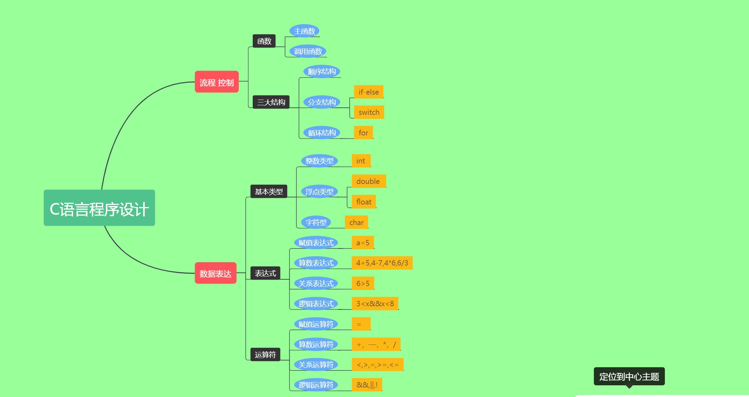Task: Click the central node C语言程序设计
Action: pos(99,208)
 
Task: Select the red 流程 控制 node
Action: pos(217,82)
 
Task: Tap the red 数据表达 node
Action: pos(215,273)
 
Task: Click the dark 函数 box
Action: pos(264,41)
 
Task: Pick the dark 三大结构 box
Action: pos(271,102)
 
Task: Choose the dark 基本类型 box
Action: pos(269,191)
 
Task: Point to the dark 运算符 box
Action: pos(265,354)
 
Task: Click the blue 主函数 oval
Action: pos(304,31)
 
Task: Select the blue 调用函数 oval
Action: pos(308,51)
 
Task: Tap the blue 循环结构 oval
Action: pos(322,133)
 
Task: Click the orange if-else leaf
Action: pos(368,92)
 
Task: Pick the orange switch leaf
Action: pos(369,112)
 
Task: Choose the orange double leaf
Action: pos(368,181)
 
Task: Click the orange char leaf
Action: pos(356,222)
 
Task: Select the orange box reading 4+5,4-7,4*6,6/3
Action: pos(382,263)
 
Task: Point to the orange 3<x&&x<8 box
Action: pos(375,303)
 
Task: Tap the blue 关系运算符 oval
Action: pos(316,364)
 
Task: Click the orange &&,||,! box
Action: pos(367,385)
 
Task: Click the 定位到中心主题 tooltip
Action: pos(629,376)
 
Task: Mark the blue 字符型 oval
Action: pos(316,222)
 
